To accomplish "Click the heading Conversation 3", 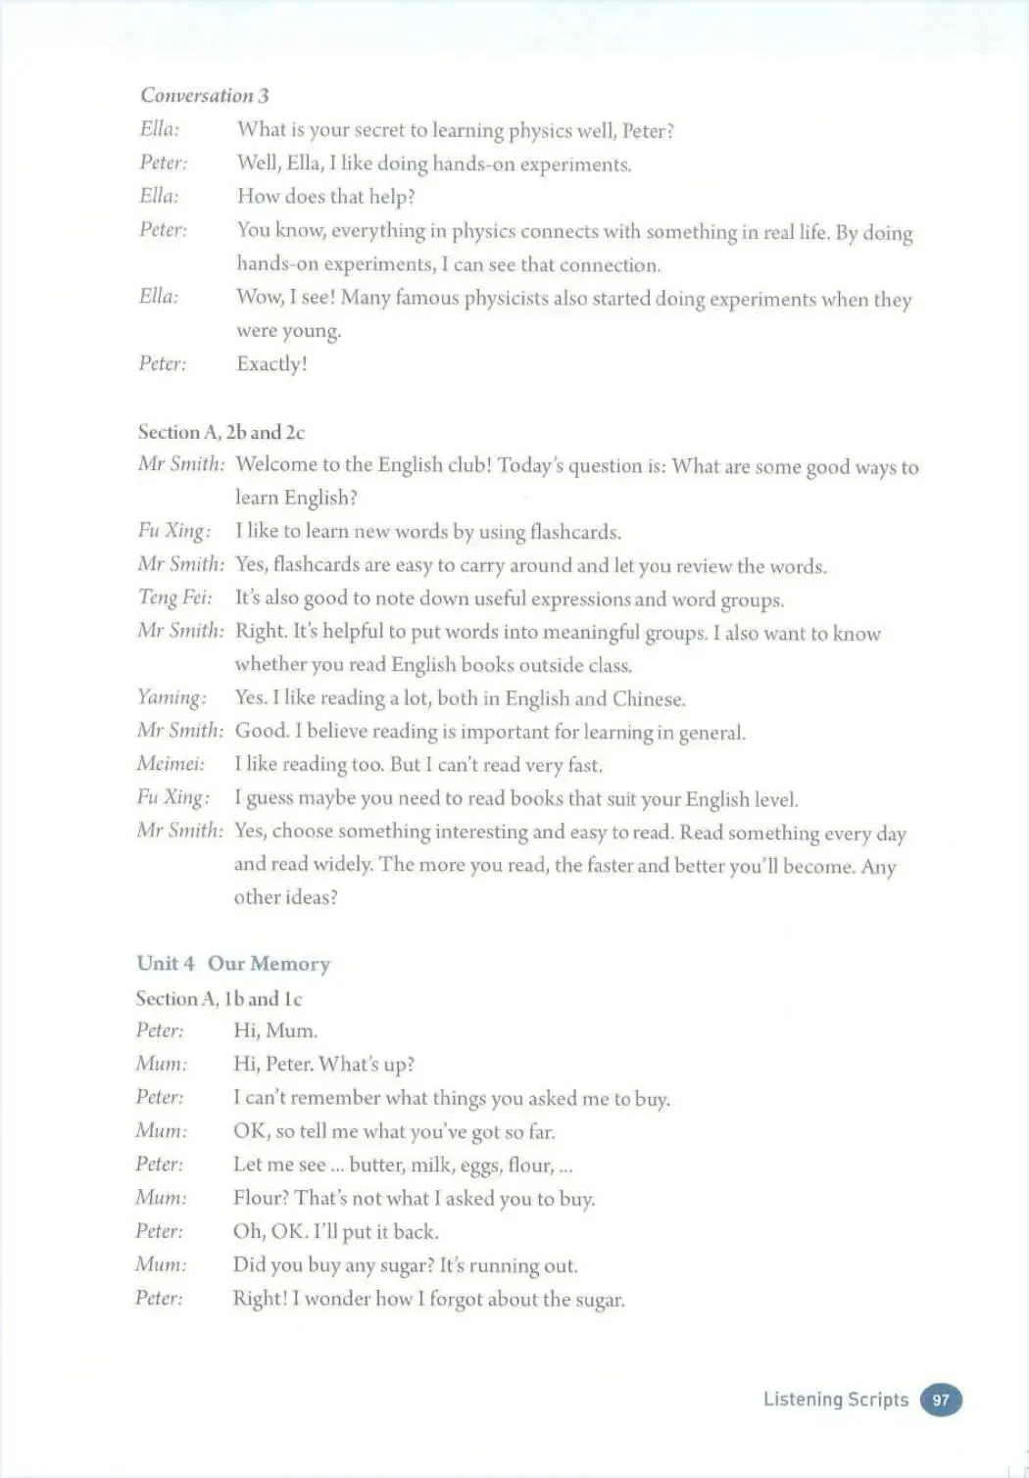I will click(204, 95).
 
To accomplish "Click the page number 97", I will click(941, 1400).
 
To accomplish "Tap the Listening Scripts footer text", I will click(835, 1400).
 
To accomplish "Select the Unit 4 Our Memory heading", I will click(233, 964).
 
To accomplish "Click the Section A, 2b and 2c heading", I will click(220, 432).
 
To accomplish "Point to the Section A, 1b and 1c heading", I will click(219, 999).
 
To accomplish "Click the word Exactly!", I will click(271, 364).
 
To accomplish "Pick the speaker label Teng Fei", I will click(174, 597).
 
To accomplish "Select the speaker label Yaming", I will click(171, 697).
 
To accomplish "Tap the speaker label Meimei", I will click(171, 764).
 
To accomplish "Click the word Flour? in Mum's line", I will click(260, 1198).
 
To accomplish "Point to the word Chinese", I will click(648, 698).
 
